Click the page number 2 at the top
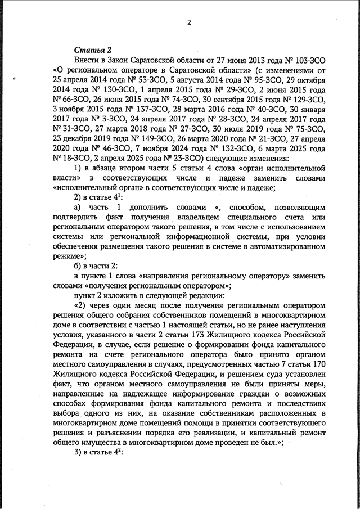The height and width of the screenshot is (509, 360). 190,23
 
